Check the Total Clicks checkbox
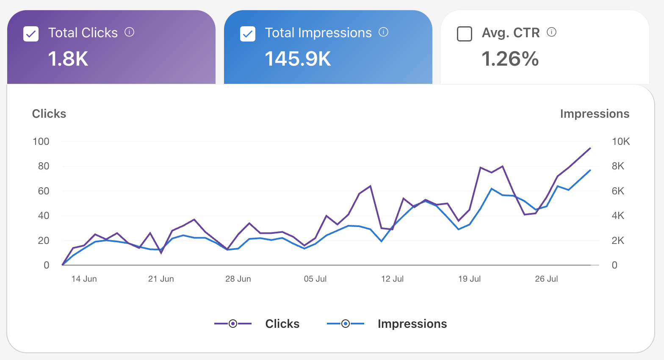31,34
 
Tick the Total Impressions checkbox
247,34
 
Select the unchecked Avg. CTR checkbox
465,34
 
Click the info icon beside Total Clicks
129,32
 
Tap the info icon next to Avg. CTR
551,32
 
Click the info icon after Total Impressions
383,32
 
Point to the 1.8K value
68,59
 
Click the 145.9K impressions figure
298,59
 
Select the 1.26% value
510,59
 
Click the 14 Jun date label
84,279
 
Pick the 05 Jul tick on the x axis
315,279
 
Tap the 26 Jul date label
546,279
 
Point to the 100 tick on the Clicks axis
41,141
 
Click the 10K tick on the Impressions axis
621,141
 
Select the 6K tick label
618,191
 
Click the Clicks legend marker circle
233,324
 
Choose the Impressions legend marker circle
346,324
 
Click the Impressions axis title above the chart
595,114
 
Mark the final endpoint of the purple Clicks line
590,148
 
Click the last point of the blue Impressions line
590,170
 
